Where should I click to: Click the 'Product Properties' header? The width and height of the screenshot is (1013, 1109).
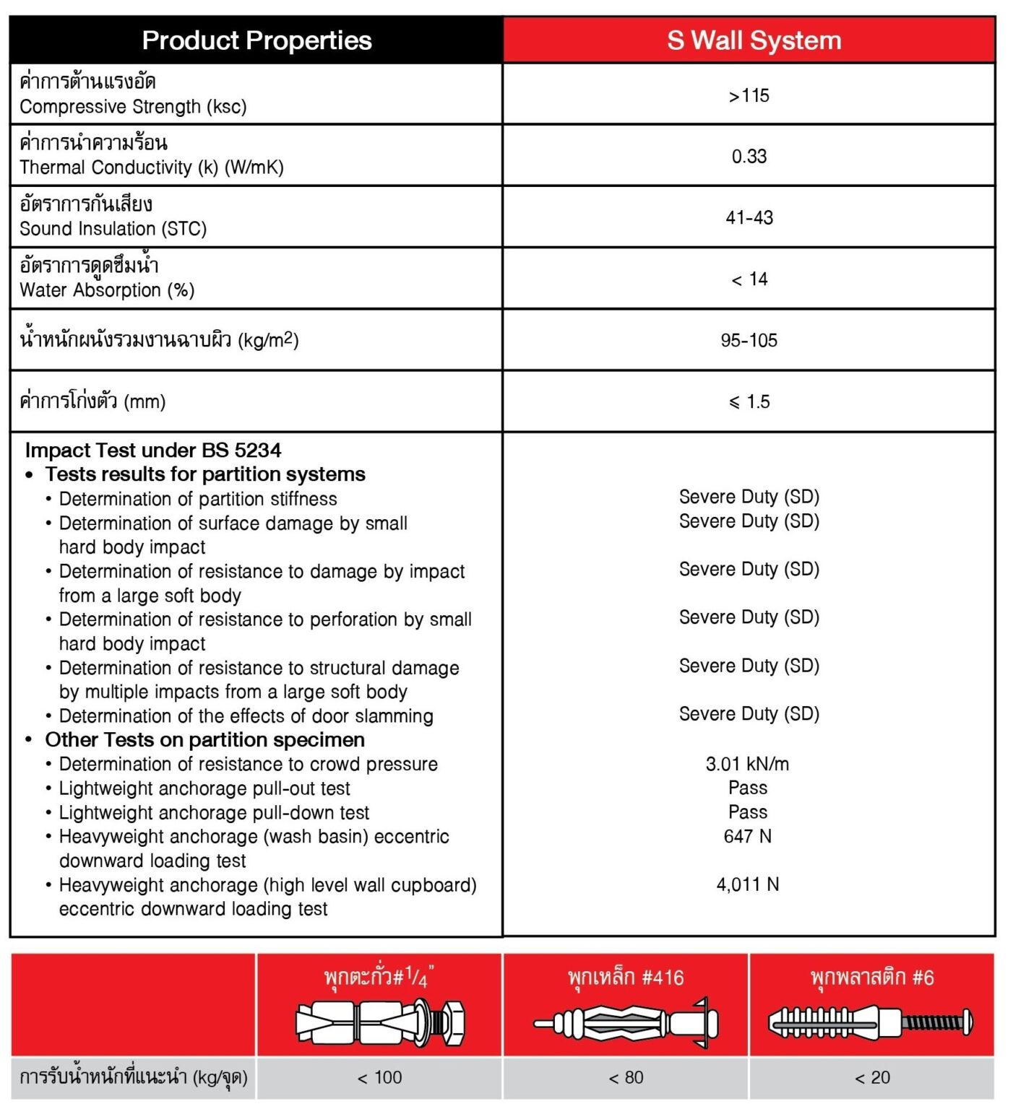(x=257, y=40)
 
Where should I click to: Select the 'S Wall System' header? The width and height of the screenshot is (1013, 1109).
(x=754, y=40)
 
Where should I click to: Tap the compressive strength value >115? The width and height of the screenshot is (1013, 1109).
(x=749, y=95)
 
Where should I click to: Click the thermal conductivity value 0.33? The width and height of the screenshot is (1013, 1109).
(x=749, y=157)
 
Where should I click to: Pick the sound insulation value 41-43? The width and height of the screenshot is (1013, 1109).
(x=749, y=217)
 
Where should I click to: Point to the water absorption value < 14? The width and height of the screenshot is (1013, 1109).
(x=749, y=279)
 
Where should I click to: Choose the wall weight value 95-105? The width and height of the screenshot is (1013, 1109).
(x=749, y=341)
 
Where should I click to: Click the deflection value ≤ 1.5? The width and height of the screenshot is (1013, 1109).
(x=749, y=402)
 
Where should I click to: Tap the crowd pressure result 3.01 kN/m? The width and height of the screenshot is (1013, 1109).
(x=747, y=764)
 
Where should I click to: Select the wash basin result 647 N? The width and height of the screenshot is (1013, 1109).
(x=747, y=836)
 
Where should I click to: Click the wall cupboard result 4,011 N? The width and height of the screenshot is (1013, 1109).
(x=747, y=884)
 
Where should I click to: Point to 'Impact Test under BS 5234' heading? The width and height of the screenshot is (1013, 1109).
(x=153, y=451)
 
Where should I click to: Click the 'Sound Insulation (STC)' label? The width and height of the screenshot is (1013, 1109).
(x=113, y=229)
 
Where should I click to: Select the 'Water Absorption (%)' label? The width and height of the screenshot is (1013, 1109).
(x=107, y=290)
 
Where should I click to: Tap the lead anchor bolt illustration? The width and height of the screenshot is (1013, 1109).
(x=380, y=1022)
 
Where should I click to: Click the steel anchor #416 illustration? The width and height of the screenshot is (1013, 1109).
(x=626, y=1022)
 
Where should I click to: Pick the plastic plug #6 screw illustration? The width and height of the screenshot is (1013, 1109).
(x=871, y=1022)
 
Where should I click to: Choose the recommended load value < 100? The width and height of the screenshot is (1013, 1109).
(x=380, y=1078)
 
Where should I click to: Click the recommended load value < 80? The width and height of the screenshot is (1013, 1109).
(x=626, y=1078)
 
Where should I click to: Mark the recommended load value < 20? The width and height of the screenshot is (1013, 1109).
(x=872, y=1078)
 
